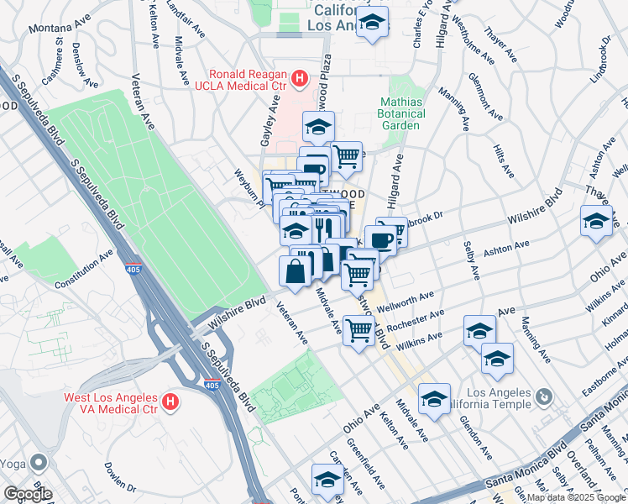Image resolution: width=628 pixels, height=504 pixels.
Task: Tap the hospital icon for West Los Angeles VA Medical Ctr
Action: click(170, 402)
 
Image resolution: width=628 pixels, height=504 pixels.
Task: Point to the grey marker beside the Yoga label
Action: click(39, 462)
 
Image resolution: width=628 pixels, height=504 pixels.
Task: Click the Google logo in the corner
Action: click(27, 494)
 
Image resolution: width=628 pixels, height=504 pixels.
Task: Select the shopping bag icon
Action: click(295, 270)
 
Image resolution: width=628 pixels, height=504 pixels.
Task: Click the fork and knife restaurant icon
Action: click(324, 227)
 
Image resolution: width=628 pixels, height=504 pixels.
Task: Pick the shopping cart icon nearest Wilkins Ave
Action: click(358, 330)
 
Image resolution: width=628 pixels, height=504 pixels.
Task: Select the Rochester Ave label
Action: click(416, 320)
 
